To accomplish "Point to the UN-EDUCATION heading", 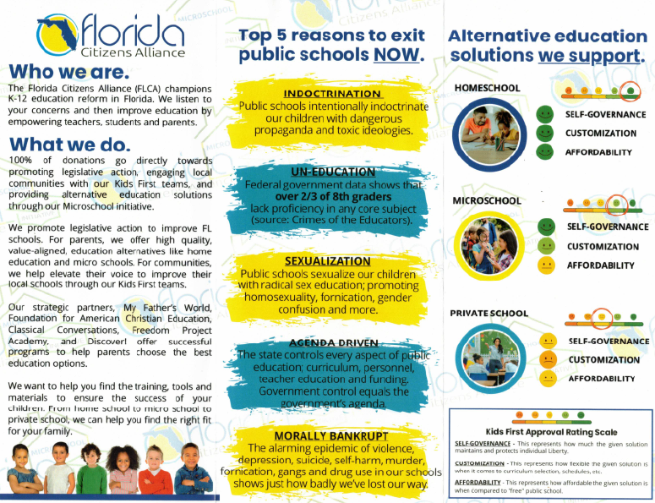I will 332,172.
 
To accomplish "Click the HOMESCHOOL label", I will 487,88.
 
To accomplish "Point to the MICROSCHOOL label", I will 487,200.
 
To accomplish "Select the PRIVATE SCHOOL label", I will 489,313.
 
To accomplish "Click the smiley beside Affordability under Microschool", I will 547,265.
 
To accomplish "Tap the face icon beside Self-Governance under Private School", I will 548,342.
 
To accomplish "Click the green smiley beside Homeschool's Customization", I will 546,133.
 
